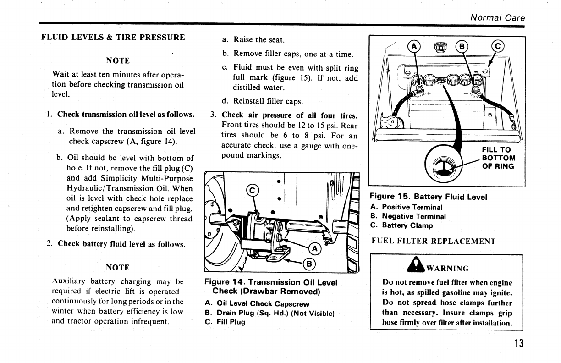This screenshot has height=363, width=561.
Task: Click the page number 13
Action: [518, 343]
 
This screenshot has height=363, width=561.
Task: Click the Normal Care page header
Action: [497, 18]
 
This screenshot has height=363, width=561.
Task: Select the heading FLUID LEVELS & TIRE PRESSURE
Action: [113, 37]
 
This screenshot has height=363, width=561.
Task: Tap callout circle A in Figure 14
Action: [314, 249]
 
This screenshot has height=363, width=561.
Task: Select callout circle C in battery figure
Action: [497, 46]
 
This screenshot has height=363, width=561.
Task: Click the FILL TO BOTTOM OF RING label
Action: [498, 158]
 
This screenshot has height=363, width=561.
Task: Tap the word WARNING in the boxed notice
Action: [447, 268]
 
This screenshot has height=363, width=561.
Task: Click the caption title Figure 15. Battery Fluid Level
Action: [429, 197]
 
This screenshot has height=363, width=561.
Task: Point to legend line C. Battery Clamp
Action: [401, 225]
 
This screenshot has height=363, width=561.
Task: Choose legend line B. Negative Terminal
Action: [408, 216]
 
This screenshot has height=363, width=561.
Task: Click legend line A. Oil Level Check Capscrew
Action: [257, 303]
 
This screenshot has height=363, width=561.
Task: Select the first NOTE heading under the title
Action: [117, 60]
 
